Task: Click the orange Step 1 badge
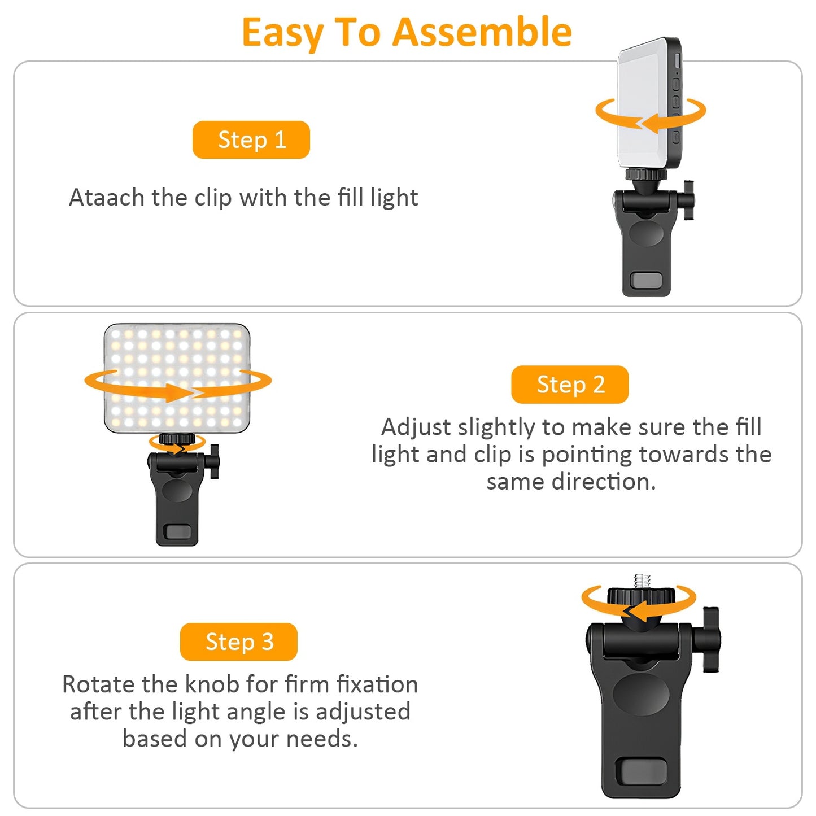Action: [x=251, y=139]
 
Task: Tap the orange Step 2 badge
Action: [x=570, y=385]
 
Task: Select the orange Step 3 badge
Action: [x=239, y=642]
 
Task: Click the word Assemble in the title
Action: [x=482, y=32]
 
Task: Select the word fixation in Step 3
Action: [x=377, y=684]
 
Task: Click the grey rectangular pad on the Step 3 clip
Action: [x=641, y=771]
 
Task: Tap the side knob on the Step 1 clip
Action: [x=688, y=200]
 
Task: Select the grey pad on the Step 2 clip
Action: [x=177, y=532]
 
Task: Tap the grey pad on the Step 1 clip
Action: [x=646, y=280]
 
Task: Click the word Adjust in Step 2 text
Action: [x=416, y=427]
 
